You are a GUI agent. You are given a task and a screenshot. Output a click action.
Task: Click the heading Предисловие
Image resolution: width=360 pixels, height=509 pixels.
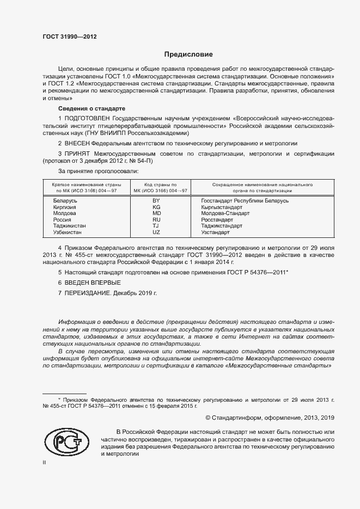point(188,54)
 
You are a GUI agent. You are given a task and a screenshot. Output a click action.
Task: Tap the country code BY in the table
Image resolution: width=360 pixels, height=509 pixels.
point(156,201)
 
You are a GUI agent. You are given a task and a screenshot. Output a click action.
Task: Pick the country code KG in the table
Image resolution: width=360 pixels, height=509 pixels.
point(156,207)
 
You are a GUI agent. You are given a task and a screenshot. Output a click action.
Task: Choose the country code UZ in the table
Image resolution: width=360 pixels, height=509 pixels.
point(156,232)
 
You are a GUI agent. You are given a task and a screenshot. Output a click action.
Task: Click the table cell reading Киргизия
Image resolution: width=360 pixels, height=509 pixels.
point(65,207)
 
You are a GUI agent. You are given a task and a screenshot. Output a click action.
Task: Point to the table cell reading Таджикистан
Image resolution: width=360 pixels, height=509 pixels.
point(70,225)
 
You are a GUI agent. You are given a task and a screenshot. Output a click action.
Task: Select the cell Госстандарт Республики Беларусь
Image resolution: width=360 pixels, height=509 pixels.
point(245,201)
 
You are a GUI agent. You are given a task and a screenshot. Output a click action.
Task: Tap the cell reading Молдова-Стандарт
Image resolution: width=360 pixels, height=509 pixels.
point(225,213)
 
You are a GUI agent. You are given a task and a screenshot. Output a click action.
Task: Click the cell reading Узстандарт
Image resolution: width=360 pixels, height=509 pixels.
point(216,232)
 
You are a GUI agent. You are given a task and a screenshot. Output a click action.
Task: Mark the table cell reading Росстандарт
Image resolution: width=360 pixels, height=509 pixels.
point(217,219)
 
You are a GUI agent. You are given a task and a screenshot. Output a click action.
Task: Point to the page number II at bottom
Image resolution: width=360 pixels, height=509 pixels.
point(45,462)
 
